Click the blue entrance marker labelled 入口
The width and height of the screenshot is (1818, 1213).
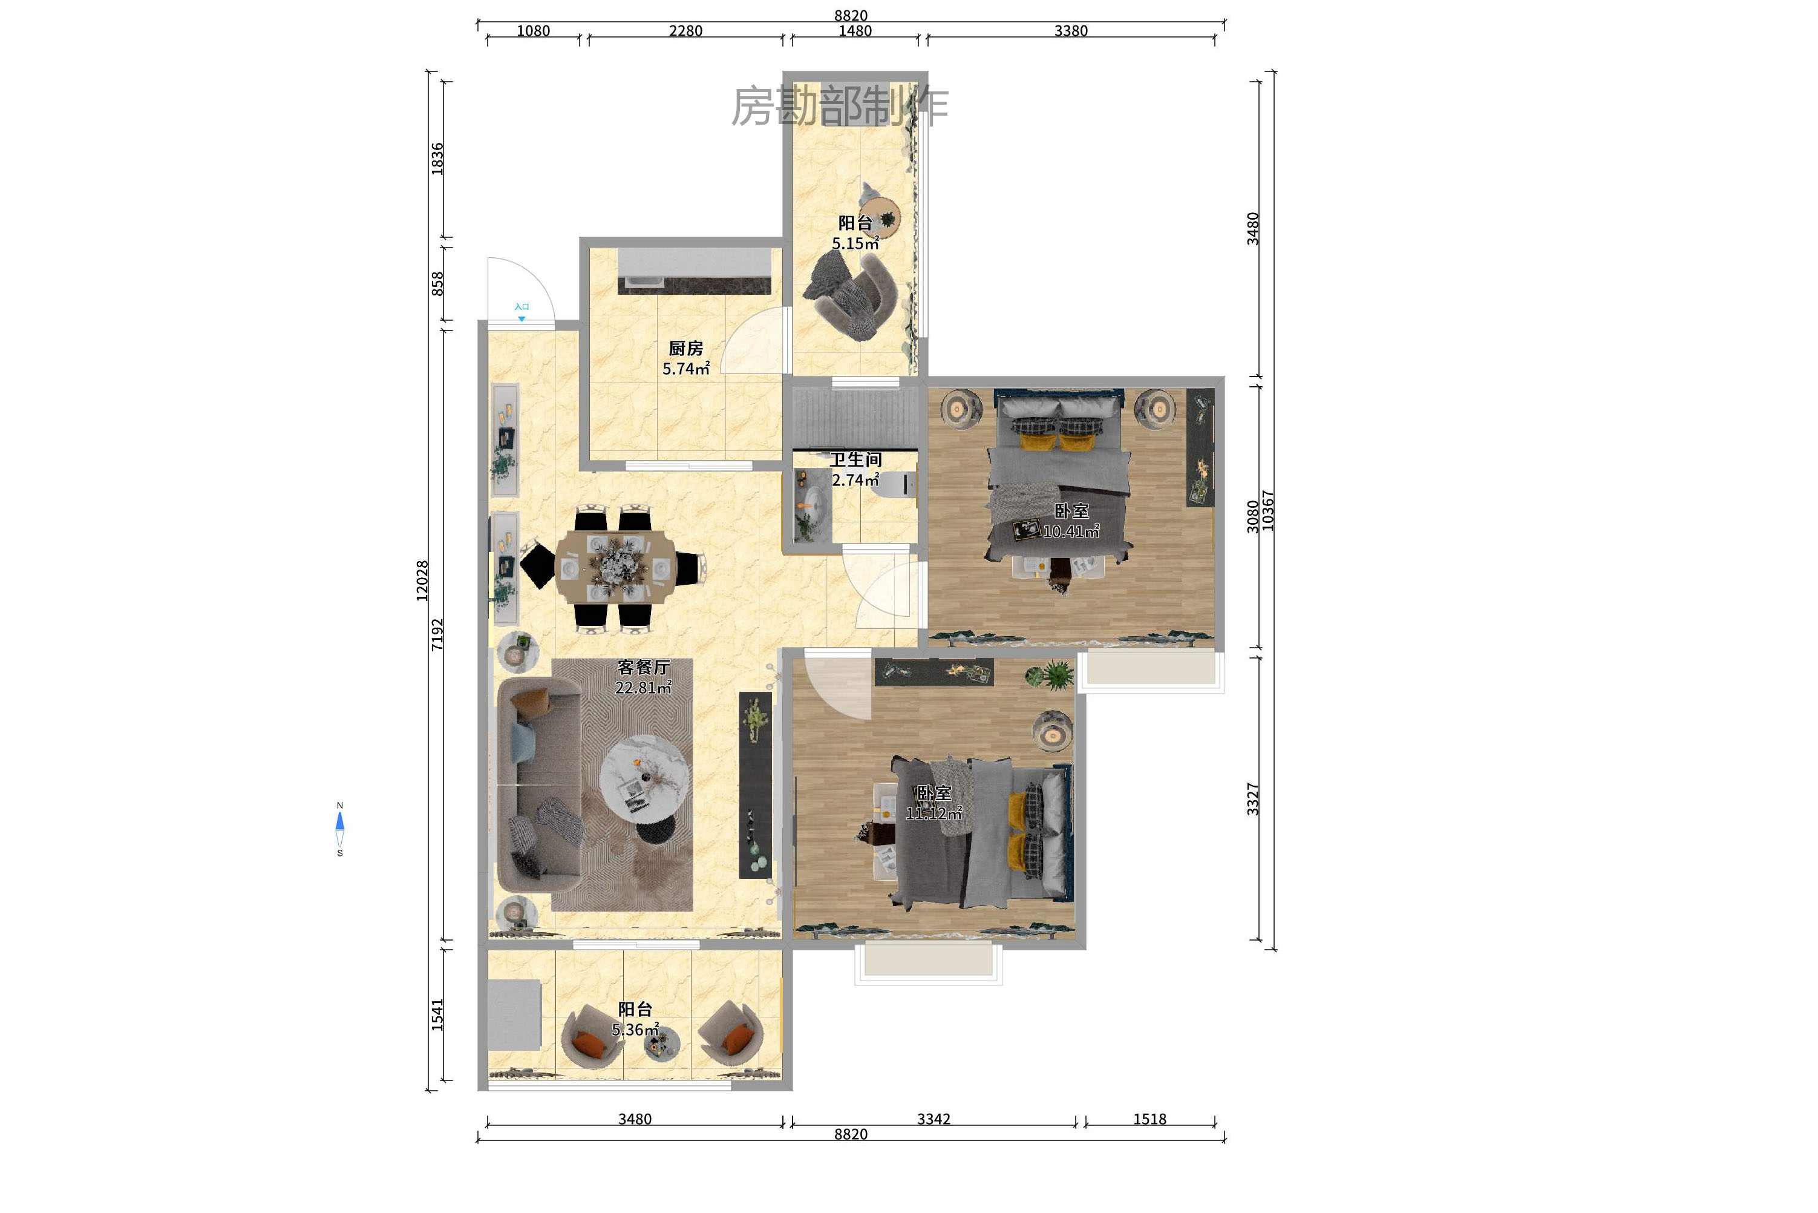click(522, 312)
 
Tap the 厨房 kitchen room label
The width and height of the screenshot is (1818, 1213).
click(686, 349)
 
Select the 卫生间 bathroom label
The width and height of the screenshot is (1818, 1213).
click(856, 459)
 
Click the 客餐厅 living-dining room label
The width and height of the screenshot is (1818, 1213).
click(643, 667)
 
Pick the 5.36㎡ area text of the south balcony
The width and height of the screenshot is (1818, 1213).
click(636, 1030)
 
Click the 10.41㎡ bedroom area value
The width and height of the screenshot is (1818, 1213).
click(1072, 531)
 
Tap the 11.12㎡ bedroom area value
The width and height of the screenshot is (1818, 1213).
click(934, 813)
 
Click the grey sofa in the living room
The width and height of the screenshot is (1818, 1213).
click(540, 785)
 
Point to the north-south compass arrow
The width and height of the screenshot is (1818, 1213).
click(339, 829)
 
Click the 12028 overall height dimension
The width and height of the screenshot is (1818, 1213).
click(422, 581)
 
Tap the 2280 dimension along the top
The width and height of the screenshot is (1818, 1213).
click(686, 31)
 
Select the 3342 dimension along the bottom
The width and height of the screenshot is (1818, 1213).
click(934, 1119)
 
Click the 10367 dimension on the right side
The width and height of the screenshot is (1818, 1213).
click(1268, 511)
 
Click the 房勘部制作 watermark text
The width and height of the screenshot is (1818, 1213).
click(840, 107)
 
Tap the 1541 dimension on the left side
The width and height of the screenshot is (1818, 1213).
click(437, 1015)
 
